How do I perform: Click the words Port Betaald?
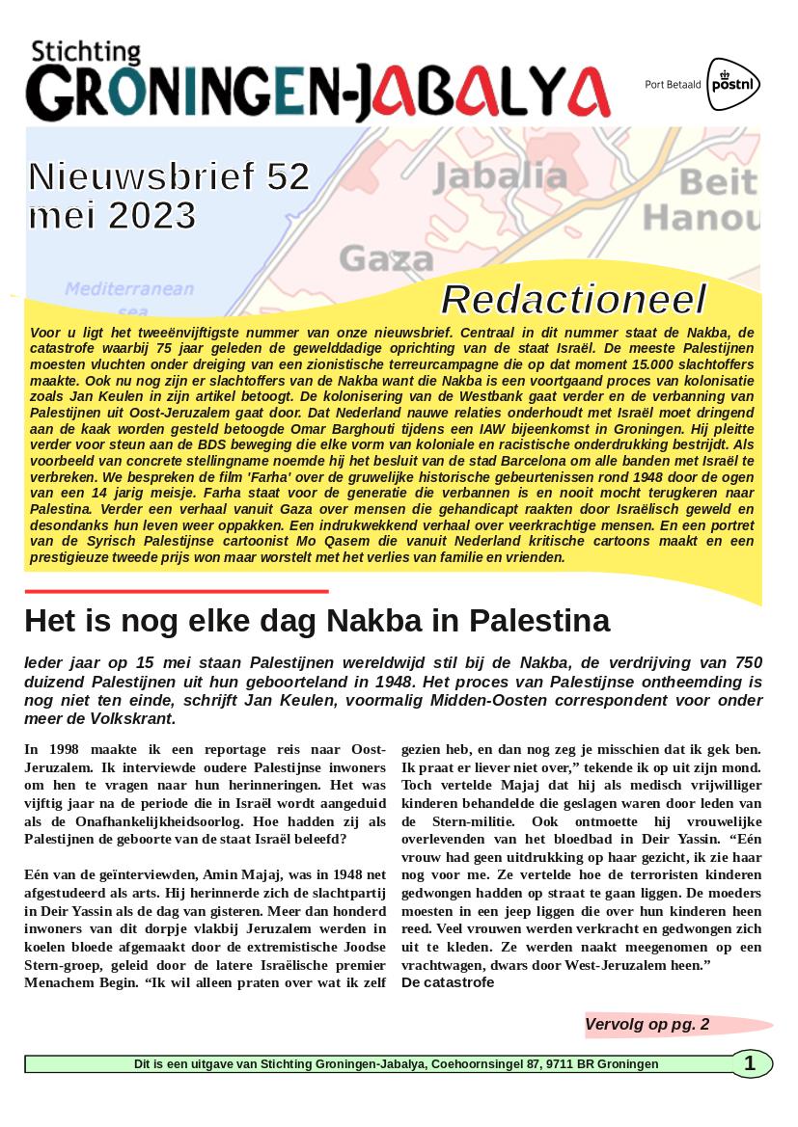(x=674, y=85)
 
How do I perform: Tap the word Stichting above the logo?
(x=85, y=54)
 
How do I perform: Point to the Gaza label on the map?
(x=386, y=257)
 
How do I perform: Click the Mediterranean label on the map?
(x=129, y=288)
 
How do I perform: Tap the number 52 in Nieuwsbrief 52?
(x=288, y=176)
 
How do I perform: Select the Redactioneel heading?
(x=573, y=300)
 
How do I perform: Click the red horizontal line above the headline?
(x=177, y=591)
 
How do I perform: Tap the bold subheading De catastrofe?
(x=447, y=982)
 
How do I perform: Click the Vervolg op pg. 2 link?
(x=647, y=1024)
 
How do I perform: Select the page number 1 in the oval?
(x=751, y=1063)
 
